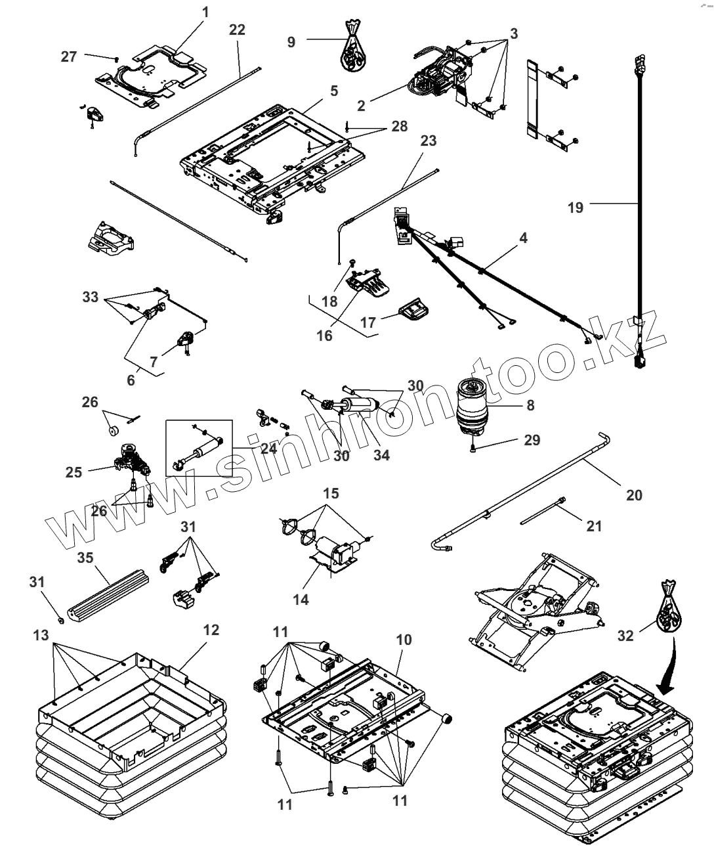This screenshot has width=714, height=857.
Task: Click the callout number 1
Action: [205, 12]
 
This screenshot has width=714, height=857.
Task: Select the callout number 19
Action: [576, 208]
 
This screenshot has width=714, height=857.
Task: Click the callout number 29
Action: [532, 440]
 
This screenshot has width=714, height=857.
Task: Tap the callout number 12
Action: [211, 630]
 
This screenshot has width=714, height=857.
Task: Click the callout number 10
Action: [404, 640]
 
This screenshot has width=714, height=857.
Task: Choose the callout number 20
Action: [634, 495]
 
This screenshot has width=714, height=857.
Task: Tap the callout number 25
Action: [73, 472]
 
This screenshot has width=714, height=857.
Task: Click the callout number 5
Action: [334, 91]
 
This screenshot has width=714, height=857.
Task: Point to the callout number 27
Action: [68, 56]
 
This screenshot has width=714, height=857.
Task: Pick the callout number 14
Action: [301, 600]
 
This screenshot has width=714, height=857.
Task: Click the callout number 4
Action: [523, 238]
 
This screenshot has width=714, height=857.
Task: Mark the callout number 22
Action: [237, 30]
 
